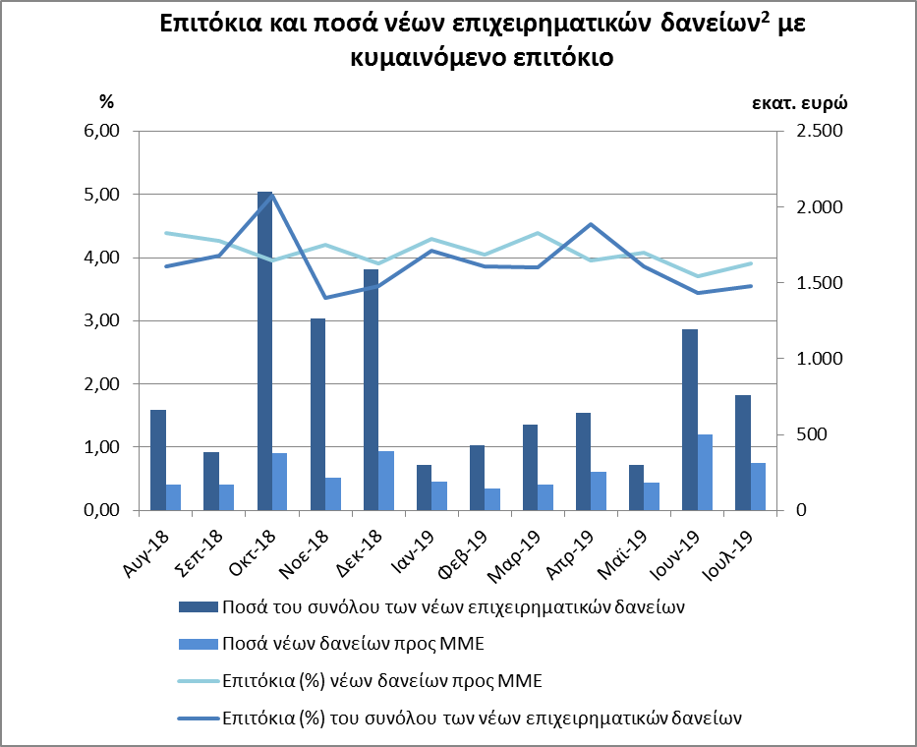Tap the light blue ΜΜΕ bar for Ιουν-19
706,472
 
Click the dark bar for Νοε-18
317,414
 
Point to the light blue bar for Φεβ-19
492,499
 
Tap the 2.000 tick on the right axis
817,207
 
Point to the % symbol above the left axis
107,101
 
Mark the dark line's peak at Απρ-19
590,224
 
